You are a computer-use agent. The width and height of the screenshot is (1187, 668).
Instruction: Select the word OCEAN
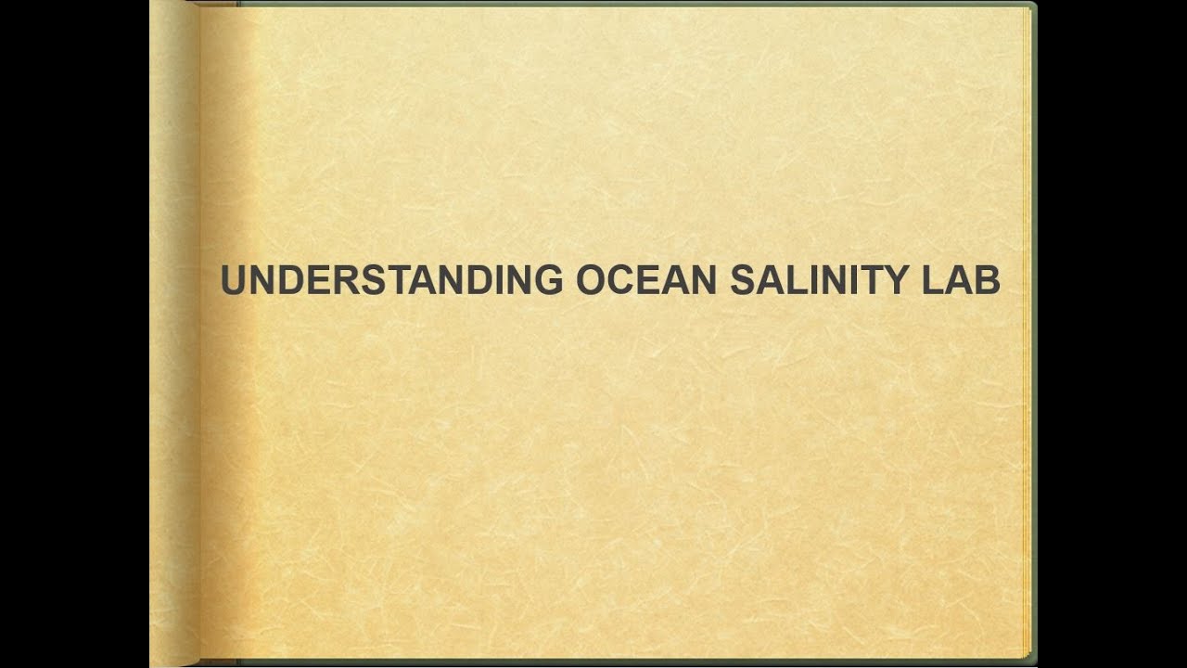point(646,280)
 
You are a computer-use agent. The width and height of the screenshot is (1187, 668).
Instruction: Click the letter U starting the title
point(234,280)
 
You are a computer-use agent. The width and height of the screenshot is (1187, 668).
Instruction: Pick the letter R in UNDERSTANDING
point(346,280)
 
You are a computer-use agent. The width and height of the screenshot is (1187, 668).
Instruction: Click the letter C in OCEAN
point(622,280)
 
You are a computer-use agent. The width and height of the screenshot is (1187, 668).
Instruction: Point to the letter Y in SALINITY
point(894,280)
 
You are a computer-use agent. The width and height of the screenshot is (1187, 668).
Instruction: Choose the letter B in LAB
point(987,280)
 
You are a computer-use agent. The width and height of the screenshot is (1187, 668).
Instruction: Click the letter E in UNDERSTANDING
point(319,280)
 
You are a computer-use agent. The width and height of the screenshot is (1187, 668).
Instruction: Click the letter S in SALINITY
point(743,280)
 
